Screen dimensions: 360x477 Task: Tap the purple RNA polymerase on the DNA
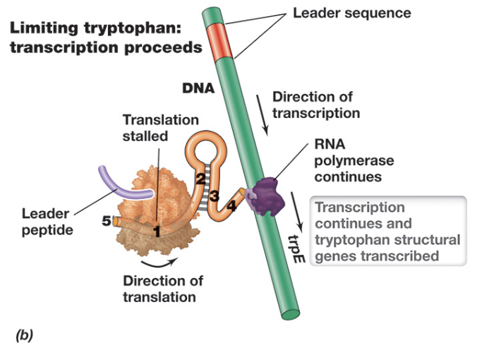[x=267, y=193]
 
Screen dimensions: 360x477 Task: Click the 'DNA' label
[x=198, y=89]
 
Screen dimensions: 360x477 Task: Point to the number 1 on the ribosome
[x=157, y=230]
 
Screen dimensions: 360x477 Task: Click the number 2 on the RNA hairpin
[x=200, y=179]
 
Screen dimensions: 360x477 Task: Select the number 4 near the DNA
[x=231, y=207]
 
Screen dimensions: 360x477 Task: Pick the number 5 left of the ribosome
[x=106, y=221]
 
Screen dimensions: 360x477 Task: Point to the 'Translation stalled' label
[x=160, y=128]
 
